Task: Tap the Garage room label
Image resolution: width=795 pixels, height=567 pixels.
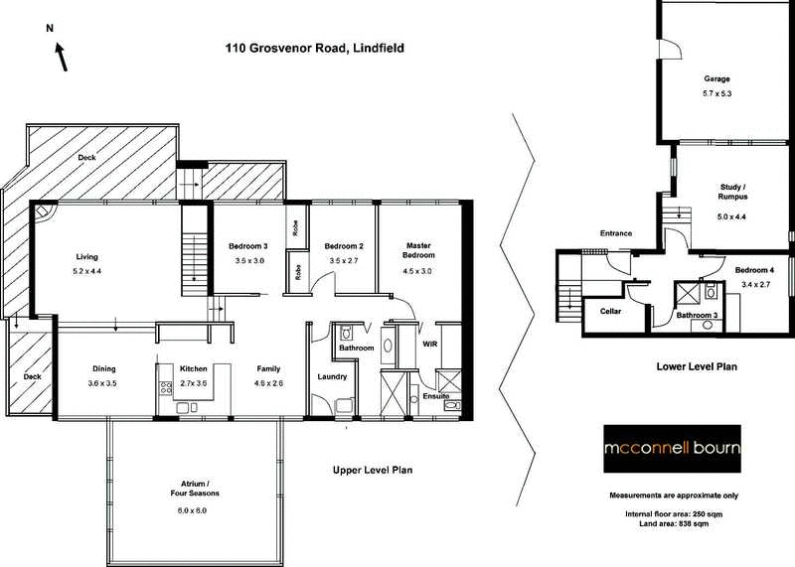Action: click(717, 78)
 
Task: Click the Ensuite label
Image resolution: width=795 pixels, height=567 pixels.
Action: click(434, 396)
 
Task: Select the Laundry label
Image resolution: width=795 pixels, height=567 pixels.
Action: click(331, 376)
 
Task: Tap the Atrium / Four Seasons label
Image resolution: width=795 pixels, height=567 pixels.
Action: click(193, 488)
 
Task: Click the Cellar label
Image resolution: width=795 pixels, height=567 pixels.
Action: click(611, 310)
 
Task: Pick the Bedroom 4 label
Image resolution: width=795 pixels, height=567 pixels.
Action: click(756, 270)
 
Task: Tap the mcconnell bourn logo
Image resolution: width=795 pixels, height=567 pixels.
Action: click(673, 448)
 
